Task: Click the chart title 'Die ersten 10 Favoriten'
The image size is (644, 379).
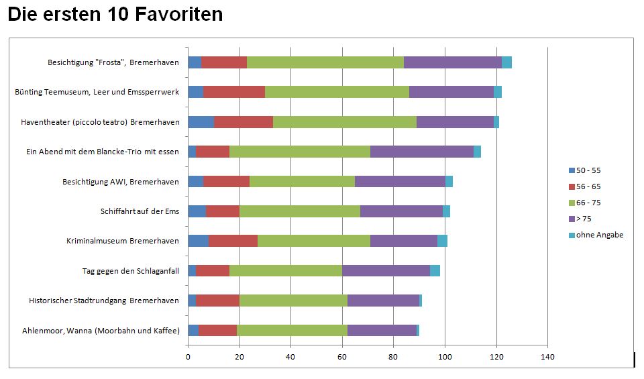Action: pyautogui.click(x=115, y=14)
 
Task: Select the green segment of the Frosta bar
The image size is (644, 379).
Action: pyautogui.click(x=325, y=62)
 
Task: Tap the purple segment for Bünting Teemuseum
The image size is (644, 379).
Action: pyautogui.click(x=451, y=92)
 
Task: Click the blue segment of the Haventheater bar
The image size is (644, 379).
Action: pyautogui.click(x=201, y=122)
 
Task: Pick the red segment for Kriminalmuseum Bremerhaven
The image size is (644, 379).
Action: pyautogui.click(x=232, y=241)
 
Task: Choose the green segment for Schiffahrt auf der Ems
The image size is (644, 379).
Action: pyautogui.click(x=299, y=211)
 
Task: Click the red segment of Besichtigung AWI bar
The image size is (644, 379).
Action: pyautogui.click(x=226, y=181)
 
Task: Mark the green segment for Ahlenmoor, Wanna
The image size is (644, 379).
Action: pyautogui.click(x=292, y=330)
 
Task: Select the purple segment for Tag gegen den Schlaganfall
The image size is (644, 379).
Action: pyautogui.click(x=386, y=270)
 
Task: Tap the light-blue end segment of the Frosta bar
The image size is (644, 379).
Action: pyautogui.click(x=506, y=62)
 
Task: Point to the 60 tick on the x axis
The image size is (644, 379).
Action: pyautogui.click(x=342, y=356)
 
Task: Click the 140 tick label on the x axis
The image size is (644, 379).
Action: pyautogui.click(x=547, y=356)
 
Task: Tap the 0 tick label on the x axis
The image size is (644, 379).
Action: pyautogui.click(x=188, y=356)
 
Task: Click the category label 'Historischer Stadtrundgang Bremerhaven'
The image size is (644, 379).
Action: pyautogui.click(x=104, y=301)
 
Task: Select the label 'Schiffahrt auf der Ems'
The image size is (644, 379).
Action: pyautogui.click(x=140, y=211)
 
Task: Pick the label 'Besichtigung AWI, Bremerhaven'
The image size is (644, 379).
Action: pyautogui.click(x=121, y=182)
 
